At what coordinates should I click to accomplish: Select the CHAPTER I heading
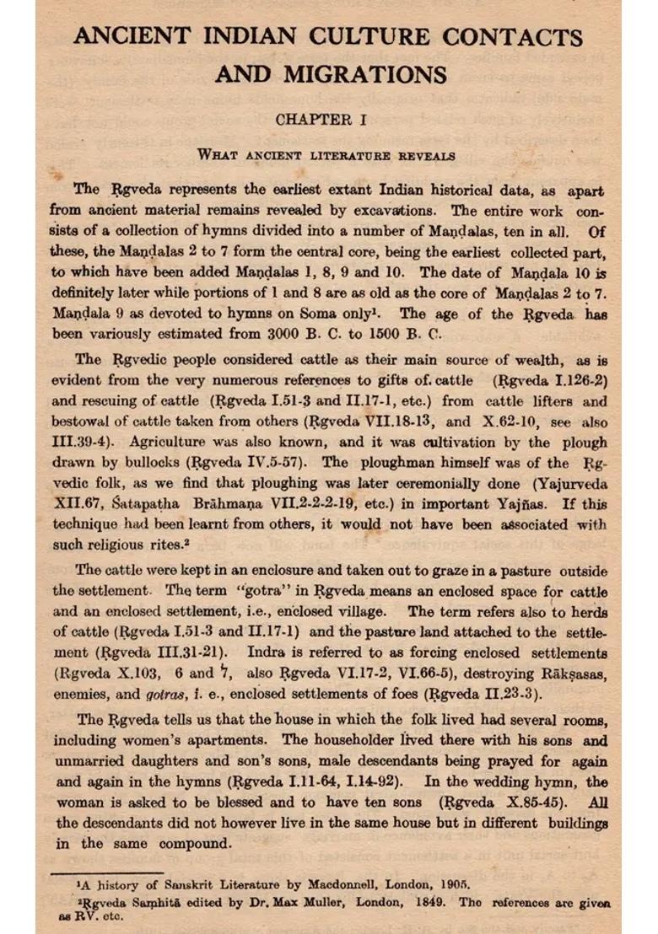coord(321,120)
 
